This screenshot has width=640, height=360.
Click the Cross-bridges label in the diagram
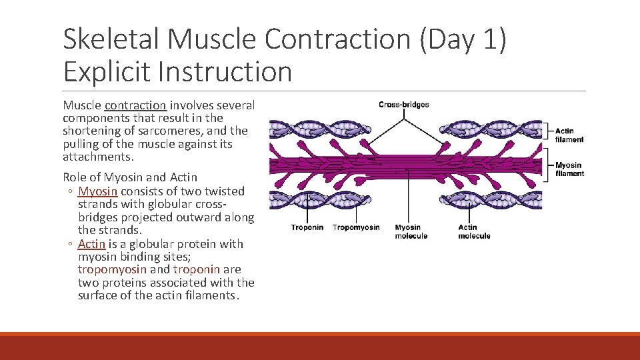click(x=403, y=105)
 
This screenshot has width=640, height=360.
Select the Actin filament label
click(x=569, y=135)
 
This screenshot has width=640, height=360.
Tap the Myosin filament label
click(x=569, y=169)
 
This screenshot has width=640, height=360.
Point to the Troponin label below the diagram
click(x=307, y=227)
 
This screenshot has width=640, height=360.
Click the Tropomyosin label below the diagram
click(x=356, y=227)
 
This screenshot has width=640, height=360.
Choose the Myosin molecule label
click(x=411, y=231)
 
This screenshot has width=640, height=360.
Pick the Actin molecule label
click(x=474, y=231)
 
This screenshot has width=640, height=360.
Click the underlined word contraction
click(x=135, y=105)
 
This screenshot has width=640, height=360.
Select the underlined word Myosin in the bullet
click(x=97, y=191)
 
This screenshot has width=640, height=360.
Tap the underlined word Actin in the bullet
click(x=91, y=244)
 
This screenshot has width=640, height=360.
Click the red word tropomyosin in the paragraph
click(x=112, y=270)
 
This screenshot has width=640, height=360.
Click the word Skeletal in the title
click(x=112, y=40)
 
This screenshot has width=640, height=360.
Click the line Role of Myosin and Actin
click(x=130, y=177)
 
